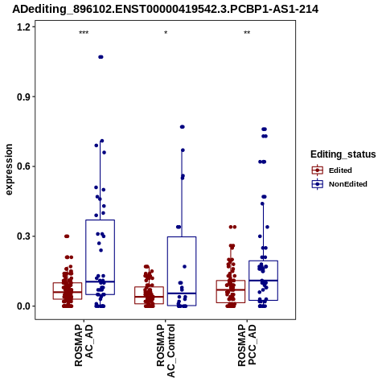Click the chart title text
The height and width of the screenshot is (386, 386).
click(x=166, y=9)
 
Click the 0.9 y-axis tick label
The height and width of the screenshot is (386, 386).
click(x=23, y=96)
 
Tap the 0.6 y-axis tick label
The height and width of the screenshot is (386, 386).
click(x=23, y=166)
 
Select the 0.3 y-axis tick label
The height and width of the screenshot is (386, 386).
click(x=23, y=236)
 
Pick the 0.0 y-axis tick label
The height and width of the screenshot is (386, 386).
click(x=23, y=306)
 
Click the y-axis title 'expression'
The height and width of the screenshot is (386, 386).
click(x=9, y=170)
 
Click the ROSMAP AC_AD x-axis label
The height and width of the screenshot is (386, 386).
click(x=84, y=346)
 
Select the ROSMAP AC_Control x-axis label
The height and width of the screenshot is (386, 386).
click(x=166, y=351)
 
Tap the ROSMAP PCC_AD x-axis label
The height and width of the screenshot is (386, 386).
click(x=247, y=346)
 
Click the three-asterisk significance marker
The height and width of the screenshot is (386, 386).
click(x=84, y=33)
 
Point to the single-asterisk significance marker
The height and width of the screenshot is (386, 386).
click(x=166, y=33)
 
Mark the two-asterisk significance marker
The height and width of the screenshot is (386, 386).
click(x=247, y=33)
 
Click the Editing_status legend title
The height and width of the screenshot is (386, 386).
click(x=343, y=154)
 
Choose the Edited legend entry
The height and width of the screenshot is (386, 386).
click(x=332, y=170)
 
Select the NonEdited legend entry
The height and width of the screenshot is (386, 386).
click(x=339, y=184)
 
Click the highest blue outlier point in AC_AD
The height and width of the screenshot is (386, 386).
click(x=101, y=57)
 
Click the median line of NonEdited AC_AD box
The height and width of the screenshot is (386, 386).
click(x=101, y=281)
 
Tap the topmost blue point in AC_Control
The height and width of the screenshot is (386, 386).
click(x=183, y=127)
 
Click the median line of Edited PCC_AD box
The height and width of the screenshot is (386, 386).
click(x=231, y=289)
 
